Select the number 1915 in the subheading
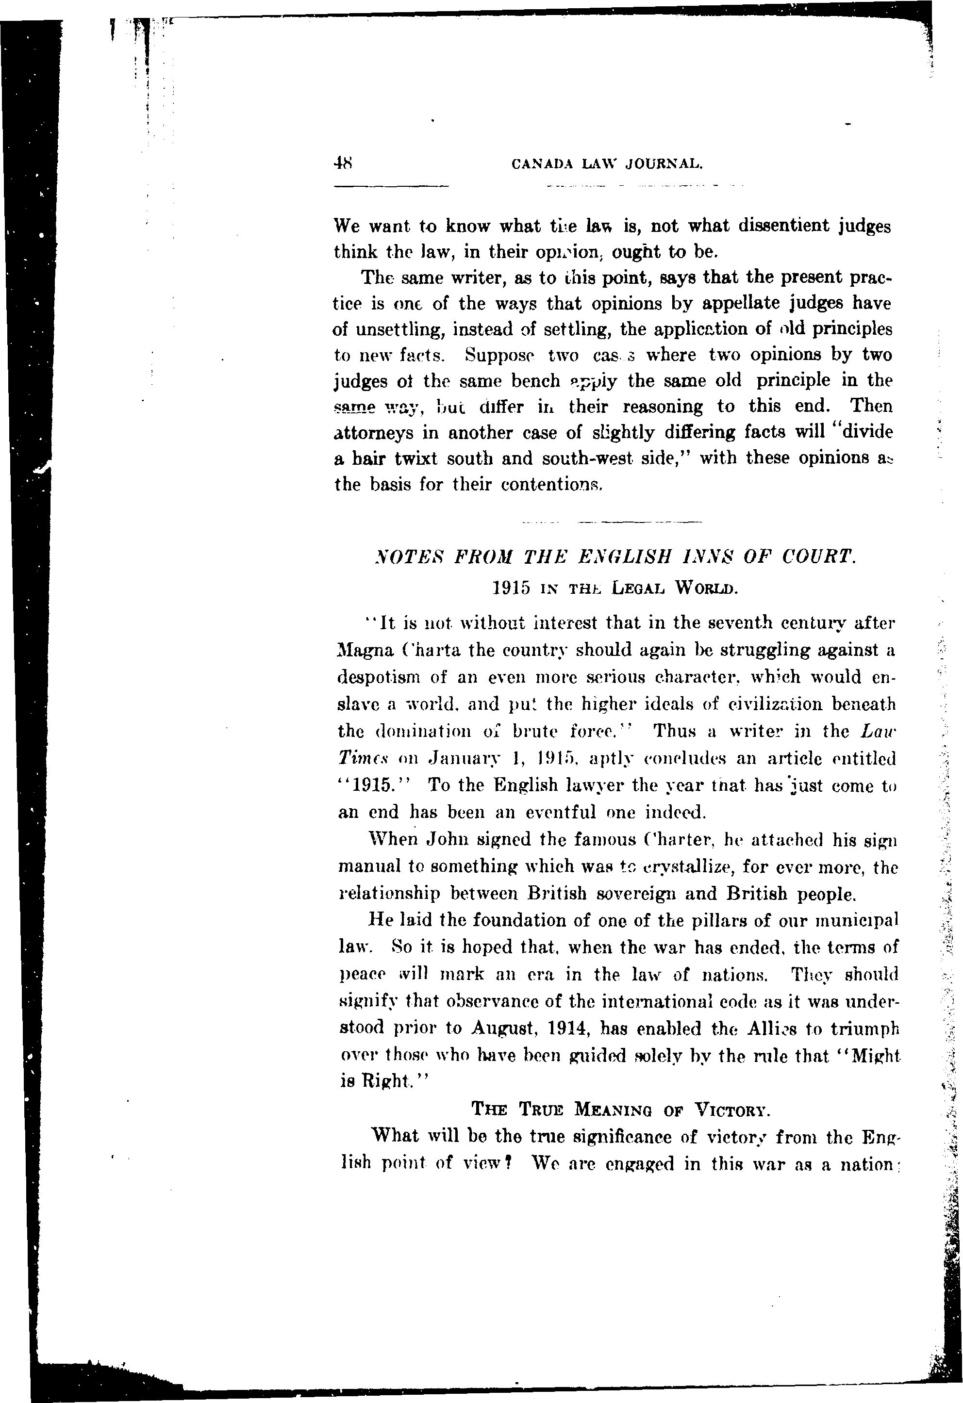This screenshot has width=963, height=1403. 511,587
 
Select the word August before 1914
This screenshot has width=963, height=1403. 506,1028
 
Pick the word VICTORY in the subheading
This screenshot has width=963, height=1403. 731,1109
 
